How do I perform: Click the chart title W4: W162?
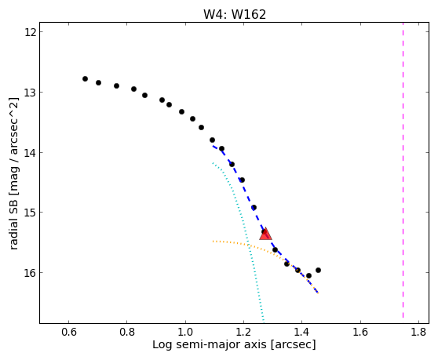(x=235, y=14)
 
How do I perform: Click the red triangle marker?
(x=265, y=234)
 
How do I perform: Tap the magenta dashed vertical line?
(x=403, y=170)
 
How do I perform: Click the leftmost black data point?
(x=86, y=78)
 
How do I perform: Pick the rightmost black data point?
(x=318, y=270)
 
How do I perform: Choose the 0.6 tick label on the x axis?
(x=69, y=333)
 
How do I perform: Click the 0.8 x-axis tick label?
(x=127, y=333)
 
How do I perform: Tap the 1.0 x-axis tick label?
(x=185, y=333)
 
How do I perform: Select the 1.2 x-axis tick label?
(x=243, y=333)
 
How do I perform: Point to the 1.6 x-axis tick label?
(x=360, y=333)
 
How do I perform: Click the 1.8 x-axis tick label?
(x=418, y=333)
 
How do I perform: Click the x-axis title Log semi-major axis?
(x=210, y=345)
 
